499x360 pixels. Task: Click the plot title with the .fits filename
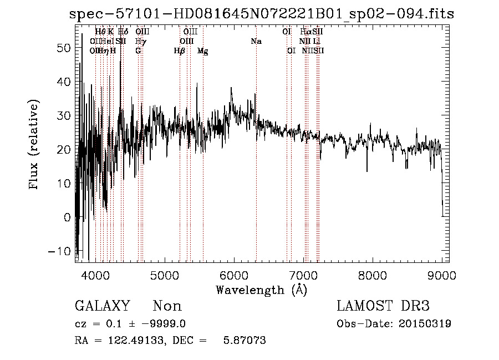(262, 14)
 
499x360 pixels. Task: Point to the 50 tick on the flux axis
(65, 48)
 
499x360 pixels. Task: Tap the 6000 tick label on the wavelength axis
(234, 275)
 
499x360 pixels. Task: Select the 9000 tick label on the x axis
(442, 275)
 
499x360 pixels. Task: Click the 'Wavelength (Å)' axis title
(261, 289)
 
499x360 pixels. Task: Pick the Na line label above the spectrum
(256, 41)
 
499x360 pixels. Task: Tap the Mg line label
(203, 50)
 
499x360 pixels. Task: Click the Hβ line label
(179, 50)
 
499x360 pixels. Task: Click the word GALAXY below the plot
(102, 306)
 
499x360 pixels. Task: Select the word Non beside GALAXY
(167, 306)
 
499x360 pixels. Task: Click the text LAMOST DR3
(383, 306)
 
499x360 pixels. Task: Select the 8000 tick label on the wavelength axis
(373, 275)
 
